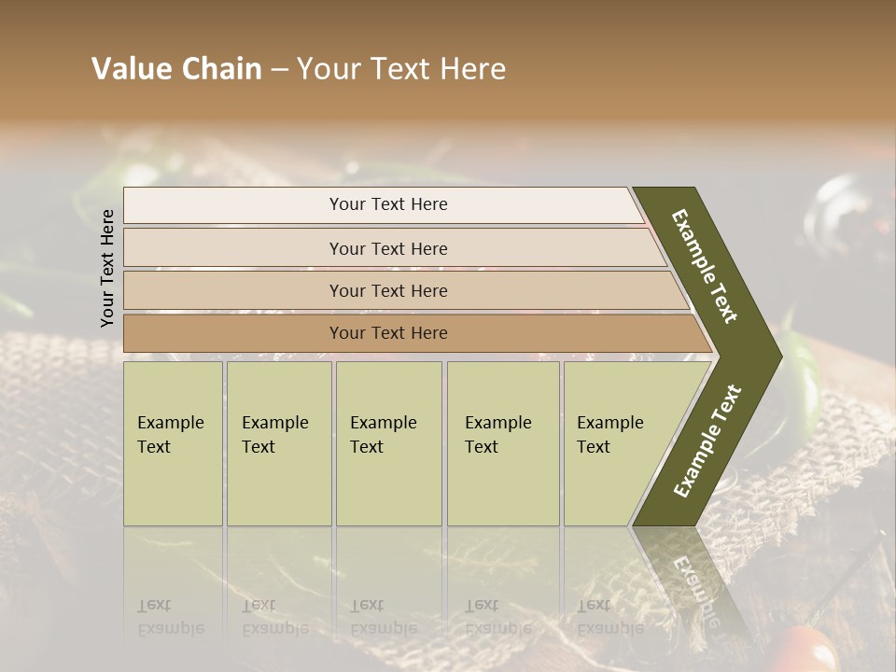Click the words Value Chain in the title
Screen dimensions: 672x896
[x=176, y=69]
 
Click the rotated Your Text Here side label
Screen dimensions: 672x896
[x=108, y=268]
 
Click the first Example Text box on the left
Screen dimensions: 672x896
[x=173, y=443]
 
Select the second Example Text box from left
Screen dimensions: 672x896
[x=279, y=443]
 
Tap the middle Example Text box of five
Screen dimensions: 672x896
[x=388, y=443]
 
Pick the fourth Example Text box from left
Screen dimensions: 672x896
[x=503, y=443]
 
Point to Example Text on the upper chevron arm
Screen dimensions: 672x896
[x=706, y=266]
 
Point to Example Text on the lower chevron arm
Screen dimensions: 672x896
[x=707, y=441]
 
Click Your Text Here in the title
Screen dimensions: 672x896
[x=400, y=69]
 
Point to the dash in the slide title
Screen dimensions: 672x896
[x=279, y=70]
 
